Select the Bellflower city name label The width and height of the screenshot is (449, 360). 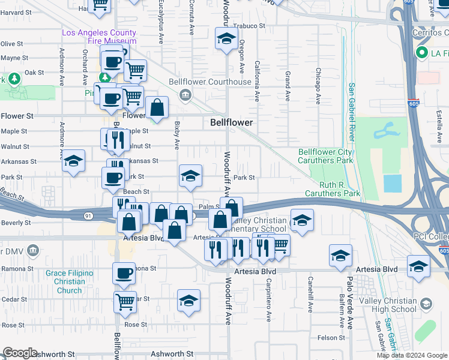(x=231, y=122)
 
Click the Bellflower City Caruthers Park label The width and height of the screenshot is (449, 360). (x=326, y=157)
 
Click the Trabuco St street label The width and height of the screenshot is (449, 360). (x=249, y=26)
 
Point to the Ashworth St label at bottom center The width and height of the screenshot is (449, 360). (x=165, y=354)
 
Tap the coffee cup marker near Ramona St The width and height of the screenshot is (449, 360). (x=124, y=274)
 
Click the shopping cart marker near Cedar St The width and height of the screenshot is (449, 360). (x=124, y=302)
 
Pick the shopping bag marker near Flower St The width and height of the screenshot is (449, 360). (x=157, y=108)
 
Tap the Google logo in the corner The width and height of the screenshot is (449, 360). (x=20, y=353)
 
